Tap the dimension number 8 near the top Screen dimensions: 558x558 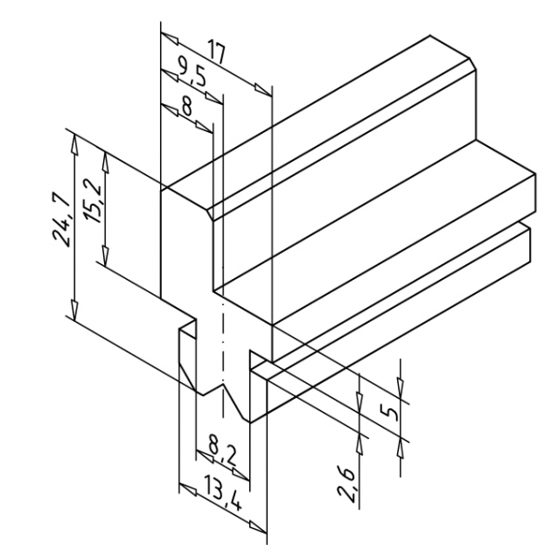click(187, 106)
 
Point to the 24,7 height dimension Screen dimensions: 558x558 click(60, 219)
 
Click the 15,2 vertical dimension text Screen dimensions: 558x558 click(92, 205)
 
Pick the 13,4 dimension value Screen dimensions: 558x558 click(223, 495)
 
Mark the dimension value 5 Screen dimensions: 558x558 click(389, 413)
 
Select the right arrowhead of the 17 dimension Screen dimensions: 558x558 click(263, 89)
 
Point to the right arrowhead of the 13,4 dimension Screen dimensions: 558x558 click(258, 527)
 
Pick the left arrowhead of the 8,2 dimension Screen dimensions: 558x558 click(205, 457)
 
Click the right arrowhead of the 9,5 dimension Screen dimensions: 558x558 click(214, 99)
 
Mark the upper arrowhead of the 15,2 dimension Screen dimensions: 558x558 click(105, 161)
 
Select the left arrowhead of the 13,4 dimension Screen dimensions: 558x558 click(188, 489)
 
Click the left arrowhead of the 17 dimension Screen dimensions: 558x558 click(169, 38)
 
